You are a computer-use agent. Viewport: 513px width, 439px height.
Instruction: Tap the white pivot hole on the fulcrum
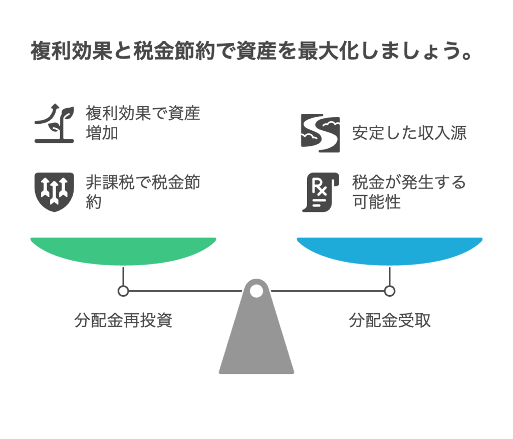256,290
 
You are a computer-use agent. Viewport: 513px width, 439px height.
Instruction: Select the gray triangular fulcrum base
256,341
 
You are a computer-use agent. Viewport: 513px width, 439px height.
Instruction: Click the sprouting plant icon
54,124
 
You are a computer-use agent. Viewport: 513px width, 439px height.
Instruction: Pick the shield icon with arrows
54,191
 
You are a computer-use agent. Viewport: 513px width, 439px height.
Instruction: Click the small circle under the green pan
123,291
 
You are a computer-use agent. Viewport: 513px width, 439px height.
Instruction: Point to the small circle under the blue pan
390,291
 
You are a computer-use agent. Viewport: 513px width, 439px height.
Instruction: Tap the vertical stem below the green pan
123,276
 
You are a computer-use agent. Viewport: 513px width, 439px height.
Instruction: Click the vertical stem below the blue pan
390,276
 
